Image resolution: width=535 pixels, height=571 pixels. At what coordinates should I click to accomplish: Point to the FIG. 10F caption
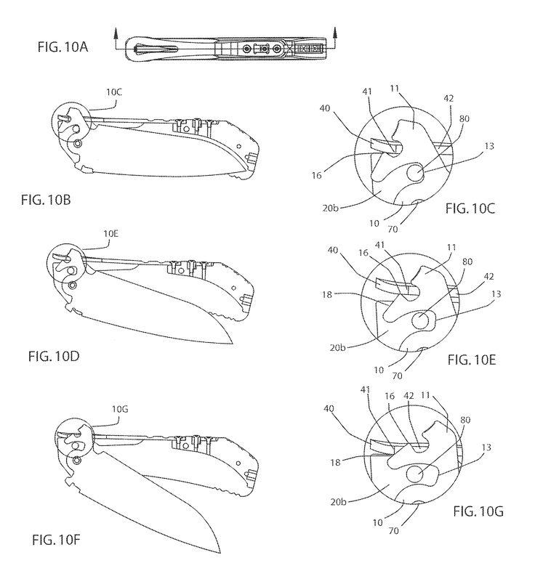click(x=59, y=538)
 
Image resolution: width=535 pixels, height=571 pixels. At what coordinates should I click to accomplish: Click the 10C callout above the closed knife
click(x=115, y=93)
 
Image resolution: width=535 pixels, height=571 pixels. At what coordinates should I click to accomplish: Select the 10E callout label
click(x=112, y=234)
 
